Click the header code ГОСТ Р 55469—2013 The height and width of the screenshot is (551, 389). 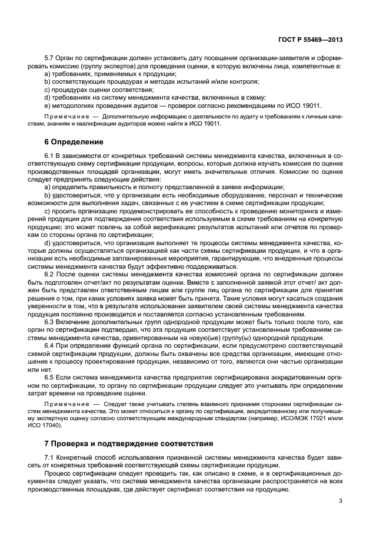pos(311,40)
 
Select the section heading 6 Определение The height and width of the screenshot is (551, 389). pos(74,142)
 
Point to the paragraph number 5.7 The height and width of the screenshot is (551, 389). pos(50,59)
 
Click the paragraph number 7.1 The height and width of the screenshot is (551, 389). pos(50,457)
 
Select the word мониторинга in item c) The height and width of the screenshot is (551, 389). pos(289,210)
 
